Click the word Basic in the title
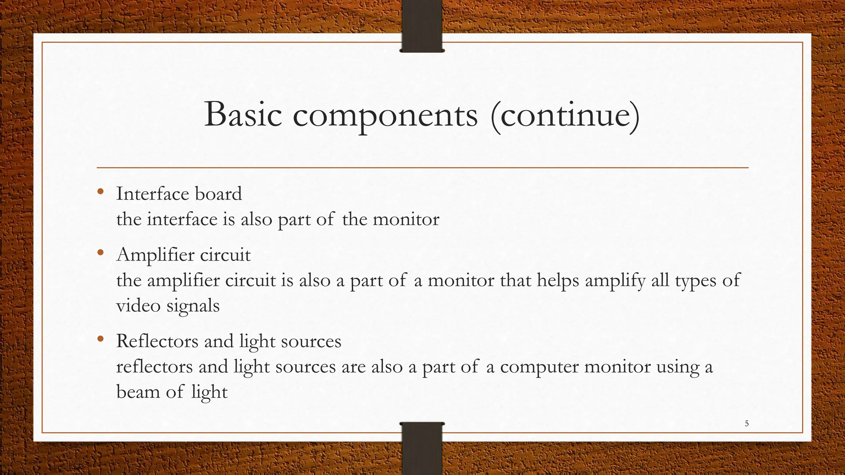tap(243, 114)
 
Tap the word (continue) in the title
tap(565, 115)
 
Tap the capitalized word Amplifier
tap(155, 254)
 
